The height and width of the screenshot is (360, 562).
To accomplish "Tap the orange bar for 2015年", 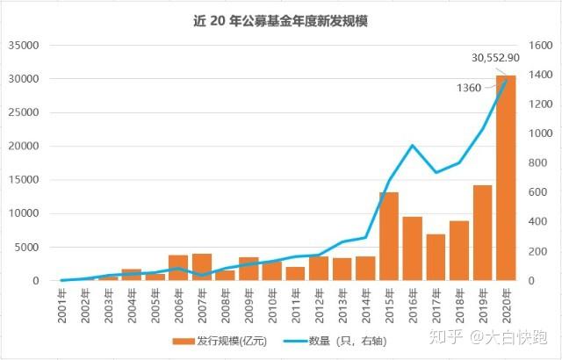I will [x=388, y=236].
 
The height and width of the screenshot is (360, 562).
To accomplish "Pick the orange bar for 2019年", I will [x=482, y=233].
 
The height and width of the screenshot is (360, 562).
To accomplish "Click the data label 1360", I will [x=470, y=87].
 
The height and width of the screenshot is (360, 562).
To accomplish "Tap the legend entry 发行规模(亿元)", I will [x=220, y=340].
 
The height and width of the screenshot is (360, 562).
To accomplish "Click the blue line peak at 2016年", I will [x=412, y=146].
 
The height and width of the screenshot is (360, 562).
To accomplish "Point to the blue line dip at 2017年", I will [x=436, y=172].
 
